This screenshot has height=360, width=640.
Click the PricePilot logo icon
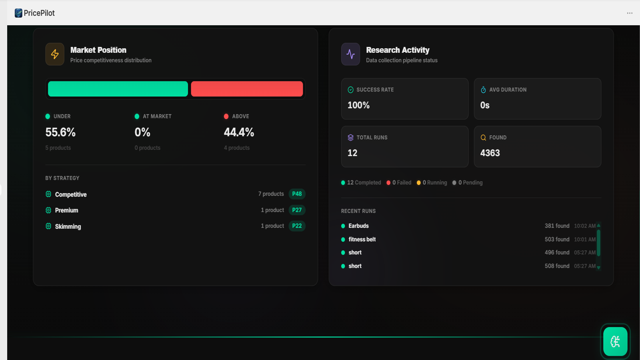click(18, 13)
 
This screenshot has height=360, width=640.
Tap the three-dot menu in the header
click(630, 13)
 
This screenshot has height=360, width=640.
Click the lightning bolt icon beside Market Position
click(55, 54)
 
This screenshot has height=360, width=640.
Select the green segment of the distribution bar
click(118, 89)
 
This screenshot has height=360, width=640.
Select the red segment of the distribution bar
click(247, 89)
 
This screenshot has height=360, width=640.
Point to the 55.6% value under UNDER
click(60, 132)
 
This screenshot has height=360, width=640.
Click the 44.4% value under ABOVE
click(239, 132)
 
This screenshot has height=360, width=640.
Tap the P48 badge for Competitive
click(297, 194)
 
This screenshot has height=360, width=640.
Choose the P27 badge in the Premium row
click(297, 210)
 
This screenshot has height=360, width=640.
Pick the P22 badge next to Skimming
click(297, 226)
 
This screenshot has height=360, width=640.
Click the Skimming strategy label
click(68, 226)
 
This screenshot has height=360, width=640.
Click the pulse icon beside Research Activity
click(350, 54)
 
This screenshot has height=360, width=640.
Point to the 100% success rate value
click(358, 105)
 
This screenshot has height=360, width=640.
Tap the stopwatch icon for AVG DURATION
click(483, 90)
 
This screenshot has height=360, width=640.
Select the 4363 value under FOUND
click(490, 153)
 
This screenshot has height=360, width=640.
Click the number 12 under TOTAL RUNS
click(352, 153)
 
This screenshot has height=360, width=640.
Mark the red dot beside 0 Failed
click(388, 183)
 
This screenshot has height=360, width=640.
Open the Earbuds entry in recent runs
click(358, 226)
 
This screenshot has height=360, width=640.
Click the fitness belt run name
click(362, 240)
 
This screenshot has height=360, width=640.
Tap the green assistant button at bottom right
click(615, 342)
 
